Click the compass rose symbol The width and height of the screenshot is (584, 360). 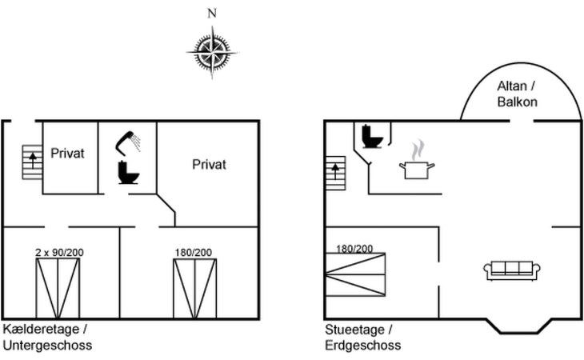211,50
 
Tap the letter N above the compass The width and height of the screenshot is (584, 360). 211,14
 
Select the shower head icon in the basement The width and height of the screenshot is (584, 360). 129,142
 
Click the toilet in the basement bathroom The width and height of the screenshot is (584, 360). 128,172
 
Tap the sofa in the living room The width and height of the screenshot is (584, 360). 509,270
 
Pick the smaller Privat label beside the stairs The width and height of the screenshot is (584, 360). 68,152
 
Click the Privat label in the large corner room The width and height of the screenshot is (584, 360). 209,164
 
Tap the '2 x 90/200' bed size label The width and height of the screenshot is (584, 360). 59,252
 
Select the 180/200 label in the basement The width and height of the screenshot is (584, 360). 193,252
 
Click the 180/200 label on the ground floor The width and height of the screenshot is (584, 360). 354,248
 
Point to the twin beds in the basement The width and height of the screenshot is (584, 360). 58,289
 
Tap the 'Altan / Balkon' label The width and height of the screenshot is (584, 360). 517,94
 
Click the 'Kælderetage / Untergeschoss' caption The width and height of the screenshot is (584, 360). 48,338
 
